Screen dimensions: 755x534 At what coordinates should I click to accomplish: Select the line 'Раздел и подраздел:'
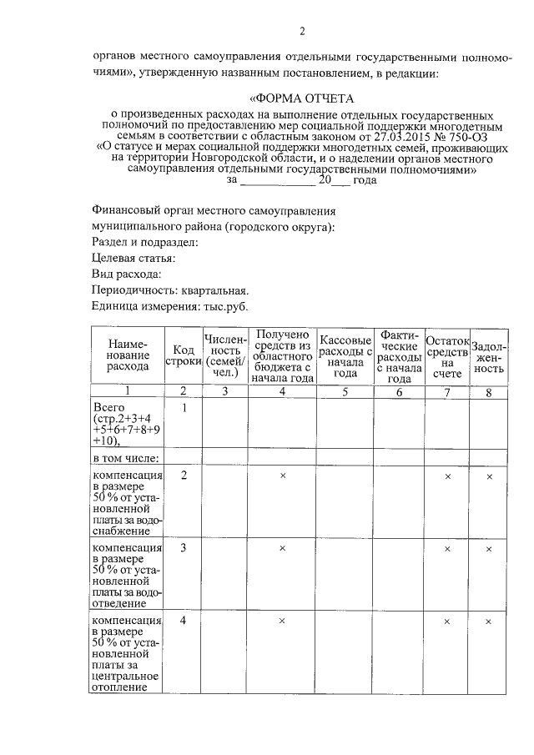click(x=144, y=242)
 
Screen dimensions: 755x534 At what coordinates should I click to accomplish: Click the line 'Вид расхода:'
click(x=126, y=274)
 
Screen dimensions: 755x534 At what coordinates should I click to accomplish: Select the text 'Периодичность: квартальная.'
click(x=170, y=289)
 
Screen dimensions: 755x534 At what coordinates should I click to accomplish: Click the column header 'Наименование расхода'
click(x=128, y=355)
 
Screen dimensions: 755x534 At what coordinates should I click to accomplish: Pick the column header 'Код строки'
click(x=184, y=355)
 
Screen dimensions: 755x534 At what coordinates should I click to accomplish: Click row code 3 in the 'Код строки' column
click(x=184, y=548)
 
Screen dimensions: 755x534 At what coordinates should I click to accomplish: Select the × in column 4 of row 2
click(x=282, y=476)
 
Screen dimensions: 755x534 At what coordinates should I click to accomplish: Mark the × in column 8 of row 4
click(x=489, y=622)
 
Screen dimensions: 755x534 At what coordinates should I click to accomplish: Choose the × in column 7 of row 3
click(x=448, y=549)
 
